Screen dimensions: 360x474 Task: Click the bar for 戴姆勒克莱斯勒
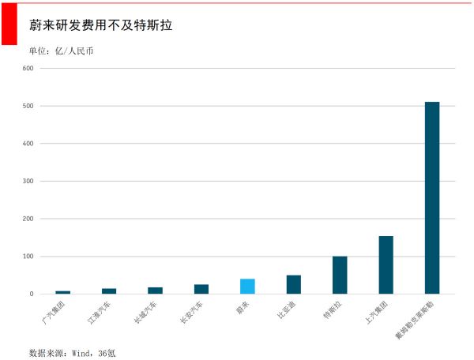pos(432,197)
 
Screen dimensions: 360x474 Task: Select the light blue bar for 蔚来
pos(247,287)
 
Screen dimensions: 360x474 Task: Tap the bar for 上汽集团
pos(386,265)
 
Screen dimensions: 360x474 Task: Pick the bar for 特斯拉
pos(340,275)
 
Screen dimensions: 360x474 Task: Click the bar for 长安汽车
pos(201,289)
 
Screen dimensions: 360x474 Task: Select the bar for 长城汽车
pos(155,291)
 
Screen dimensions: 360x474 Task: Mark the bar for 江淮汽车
pos(109,291)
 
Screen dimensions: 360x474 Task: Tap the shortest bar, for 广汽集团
pos(62,292)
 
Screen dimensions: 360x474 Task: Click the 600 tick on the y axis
pos(28,68)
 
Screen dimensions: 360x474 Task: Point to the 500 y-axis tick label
pos(28,106)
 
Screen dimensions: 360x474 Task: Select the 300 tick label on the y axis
pos(28,181)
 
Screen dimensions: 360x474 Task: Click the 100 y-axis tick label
pos(28,257)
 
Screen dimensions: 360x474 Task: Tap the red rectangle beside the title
pos(9,24)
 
